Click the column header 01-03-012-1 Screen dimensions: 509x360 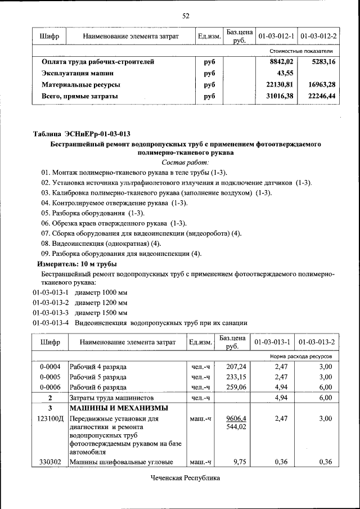[276, 37]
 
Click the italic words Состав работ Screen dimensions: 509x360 [184, 162]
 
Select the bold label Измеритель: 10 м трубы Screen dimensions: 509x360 [77, 264]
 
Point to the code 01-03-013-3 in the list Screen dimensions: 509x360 [50, 312]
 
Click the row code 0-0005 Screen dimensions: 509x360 [50, 377]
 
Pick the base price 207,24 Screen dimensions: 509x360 [236, 366]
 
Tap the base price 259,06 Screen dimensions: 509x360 [236, 388]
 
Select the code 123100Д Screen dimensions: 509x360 [50, 419]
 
